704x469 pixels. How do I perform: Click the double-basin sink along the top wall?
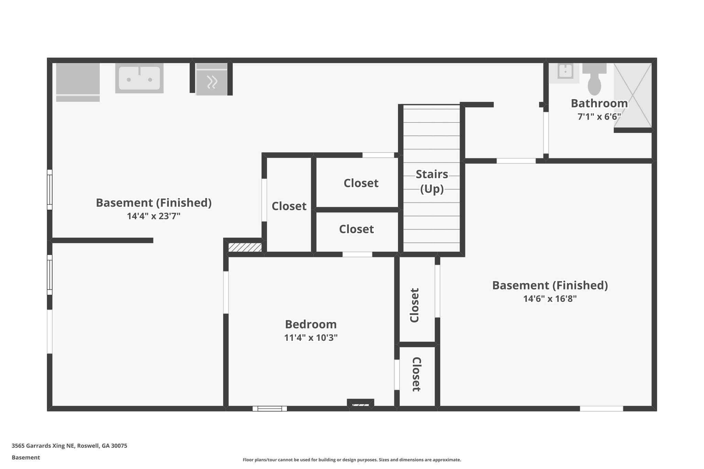pyautogui.click(x=139, y=78)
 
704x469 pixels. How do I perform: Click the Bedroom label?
pyautogui.click(x=311, y=324)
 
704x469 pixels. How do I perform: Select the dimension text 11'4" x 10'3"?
pyautogui.click(x=311, y=338)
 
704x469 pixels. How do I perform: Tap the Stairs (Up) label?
pyautogui.click(x=432, y=181)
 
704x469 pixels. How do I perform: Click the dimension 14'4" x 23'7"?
pyautogui.click(x=154, y=216)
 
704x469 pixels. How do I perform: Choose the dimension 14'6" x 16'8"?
pyautogui.click(x=550, y=299)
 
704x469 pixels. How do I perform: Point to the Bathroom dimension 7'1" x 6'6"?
pyautogui.click(x=599, y=117)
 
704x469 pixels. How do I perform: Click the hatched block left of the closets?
pyautogui.click(x=245, y=247)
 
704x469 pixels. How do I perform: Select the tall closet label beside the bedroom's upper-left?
pyautogui.click(x=289, y=206)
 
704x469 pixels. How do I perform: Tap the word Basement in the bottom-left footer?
pyautogui.click(x=26, y=457)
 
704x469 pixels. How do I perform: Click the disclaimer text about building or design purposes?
pyautogui.click(x=352, y=460)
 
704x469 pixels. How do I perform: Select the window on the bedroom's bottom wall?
pyautogui.click(x=270, y=409)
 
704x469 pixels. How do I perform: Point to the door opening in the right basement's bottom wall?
pyautogui.click(x=601, y=409)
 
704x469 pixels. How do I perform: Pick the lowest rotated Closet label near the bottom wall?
pyautogui.click(x=416, y=374)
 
